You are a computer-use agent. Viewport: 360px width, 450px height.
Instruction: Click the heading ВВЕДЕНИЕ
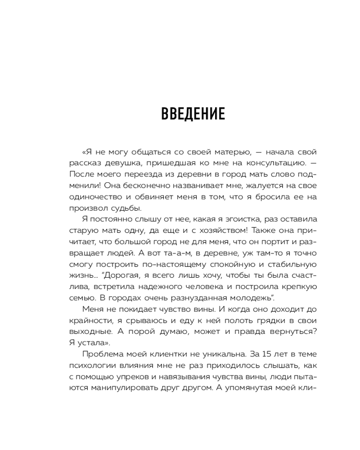[193, 114]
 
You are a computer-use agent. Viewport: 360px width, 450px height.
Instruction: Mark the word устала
[90, 343]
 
